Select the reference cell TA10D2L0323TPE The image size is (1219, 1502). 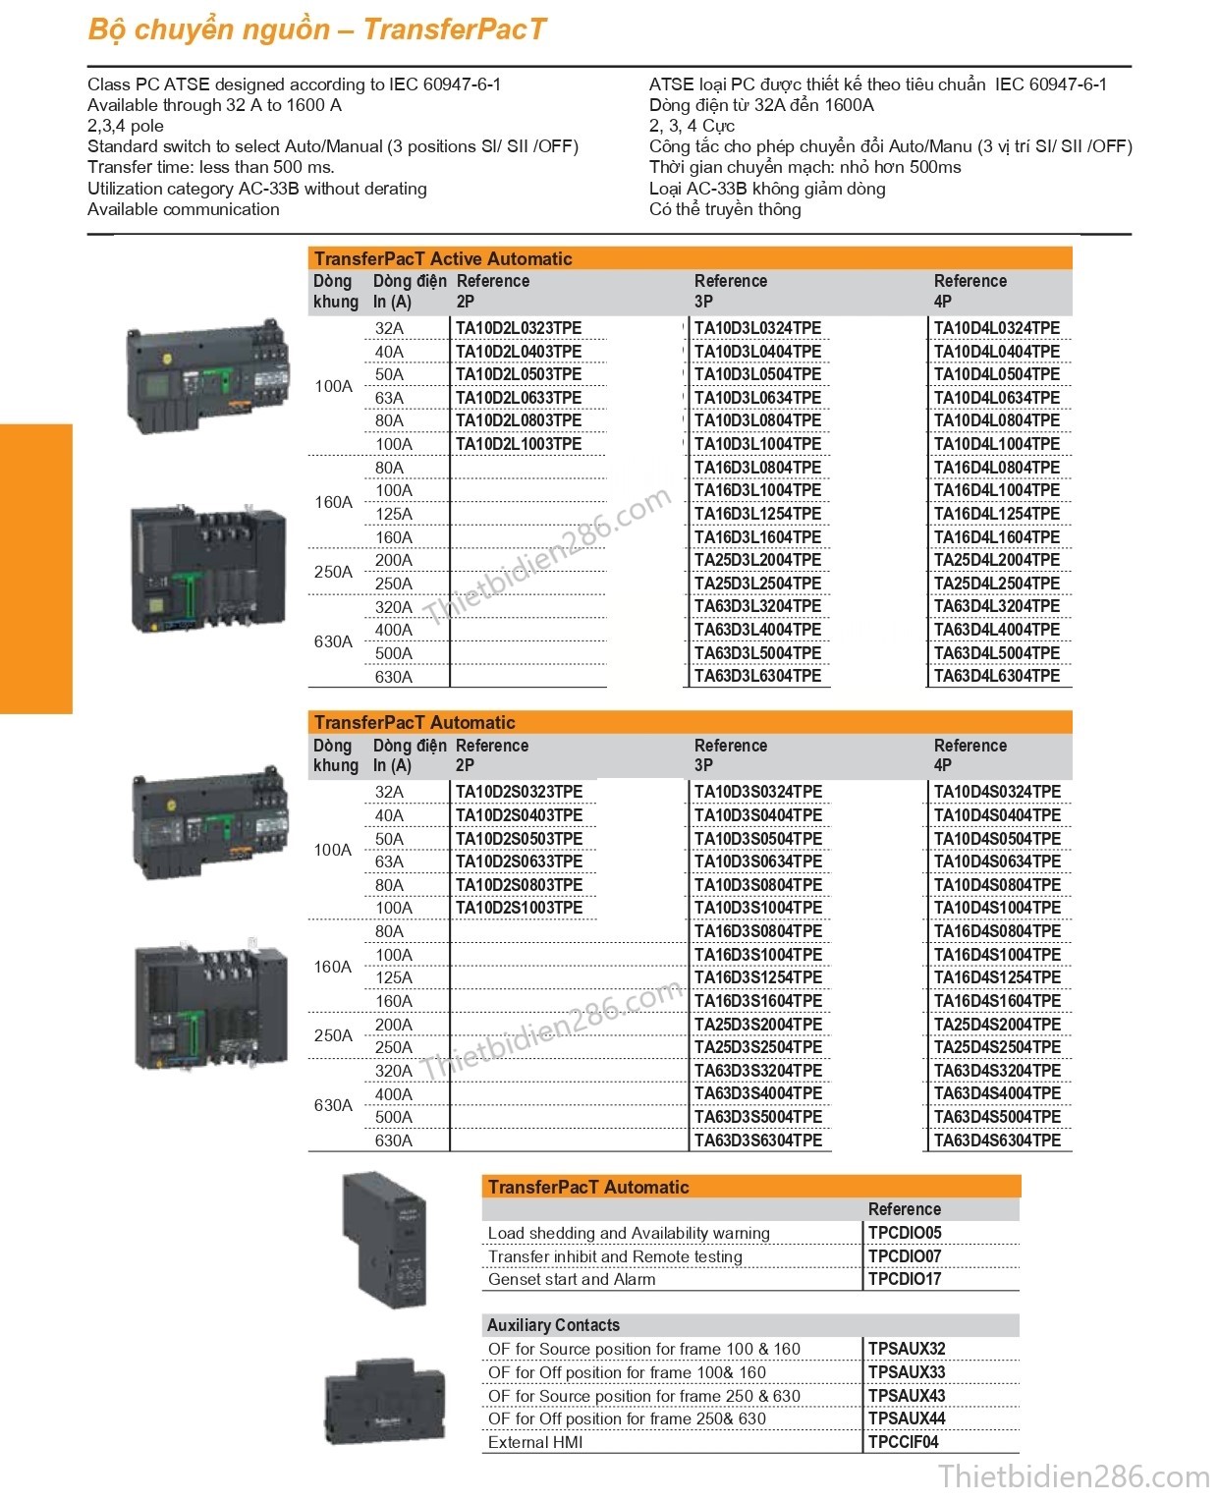tap(519, 328)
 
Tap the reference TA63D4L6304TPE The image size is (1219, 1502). tap(996, 676)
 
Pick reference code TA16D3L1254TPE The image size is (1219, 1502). tap(757, 514)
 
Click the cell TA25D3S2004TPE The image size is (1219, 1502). tap(757, 1025)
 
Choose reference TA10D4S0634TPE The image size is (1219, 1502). tap(997, 862)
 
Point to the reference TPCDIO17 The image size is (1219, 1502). tap(904, 1279)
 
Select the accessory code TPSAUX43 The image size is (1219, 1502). tap(906, 1395)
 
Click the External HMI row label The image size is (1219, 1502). tap(535, 1442)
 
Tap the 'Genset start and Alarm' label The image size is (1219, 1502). tap(572, 1279)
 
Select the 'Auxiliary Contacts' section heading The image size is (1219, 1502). tap(553, 1325)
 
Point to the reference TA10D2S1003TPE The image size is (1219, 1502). tap(519, 908)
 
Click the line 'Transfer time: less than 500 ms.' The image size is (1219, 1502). tap(211, 167)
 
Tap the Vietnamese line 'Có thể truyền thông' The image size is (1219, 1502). tap(725, 209)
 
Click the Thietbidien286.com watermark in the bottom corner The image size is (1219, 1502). tap(1073, 1476)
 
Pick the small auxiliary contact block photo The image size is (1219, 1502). tap(385, 1403)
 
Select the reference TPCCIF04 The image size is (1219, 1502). tap(903, 1442)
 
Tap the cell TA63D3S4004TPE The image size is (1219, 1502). tap(757, 1093)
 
